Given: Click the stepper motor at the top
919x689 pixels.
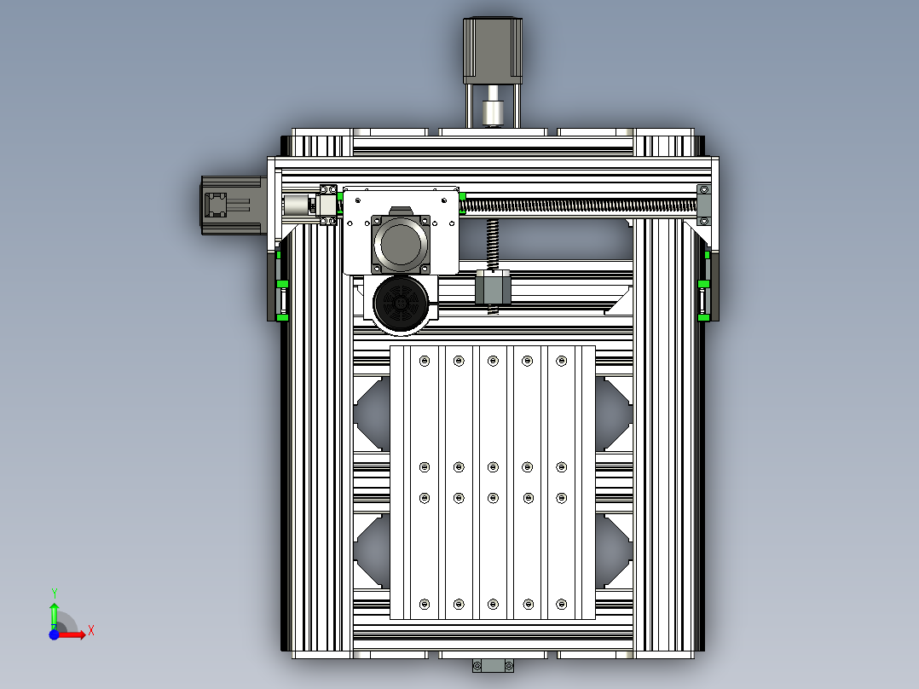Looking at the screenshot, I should click(x=492, y=49).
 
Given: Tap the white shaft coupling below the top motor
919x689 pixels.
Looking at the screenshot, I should click(x=492, y=113).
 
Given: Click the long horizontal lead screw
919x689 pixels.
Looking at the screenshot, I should click(x=580, y=205).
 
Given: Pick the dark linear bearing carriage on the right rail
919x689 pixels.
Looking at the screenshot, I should click(x=707, y=287).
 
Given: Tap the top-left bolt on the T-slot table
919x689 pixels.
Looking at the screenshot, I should click(x=425, y=362).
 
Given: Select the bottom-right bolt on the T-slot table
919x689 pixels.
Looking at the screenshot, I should click(x=561, y=604).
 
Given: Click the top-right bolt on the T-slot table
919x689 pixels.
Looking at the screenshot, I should click(x=561, y=362).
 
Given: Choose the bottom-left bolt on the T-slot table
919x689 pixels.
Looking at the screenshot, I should click(x=425, y=604).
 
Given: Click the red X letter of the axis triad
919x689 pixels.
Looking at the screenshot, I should click(x=90, y=630).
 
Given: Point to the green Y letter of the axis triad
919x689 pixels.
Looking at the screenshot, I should click(x=54, y=592).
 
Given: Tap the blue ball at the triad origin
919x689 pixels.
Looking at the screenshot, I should click(x=53, y=635).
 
